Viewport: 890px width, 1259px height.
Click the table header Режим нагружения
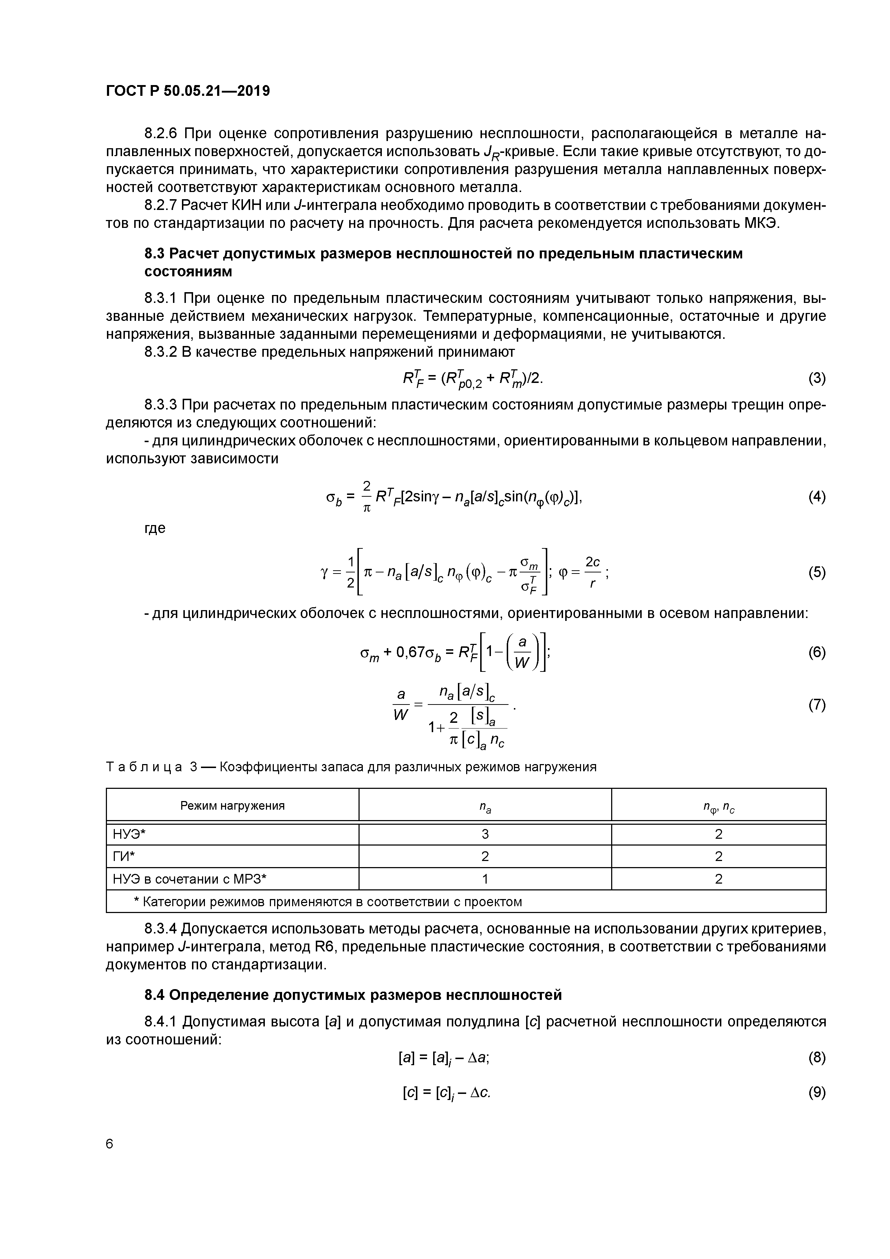(233, 805)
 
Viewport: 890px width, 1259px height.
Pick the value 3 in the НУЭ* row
(485, 834)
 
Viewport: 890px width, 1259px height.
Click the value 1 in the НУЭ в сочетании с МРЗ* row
(485, 879)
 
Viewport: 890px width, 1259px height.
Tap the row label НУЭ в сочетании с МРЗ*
(189, 879)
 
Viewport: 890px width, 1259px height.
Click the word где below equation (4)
(155, 528)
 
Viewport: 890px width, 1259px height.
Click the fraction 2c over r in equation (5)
(592, 572)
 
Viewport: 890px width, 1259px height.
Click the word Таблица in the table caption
(143, 767)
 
